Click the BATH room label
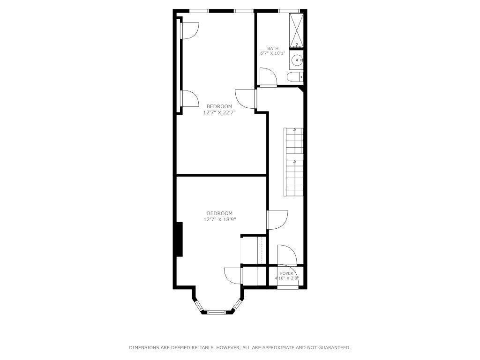[x=273, y=48]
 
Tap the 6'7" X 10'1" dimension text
[x=273, y=53]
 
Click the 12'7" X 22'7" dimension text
[x=219, y=112]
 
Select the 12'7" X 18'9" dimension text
[x=219, y=219]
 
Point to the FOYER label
[x=286, y=273]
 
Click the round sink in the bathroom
[x=296, y=60]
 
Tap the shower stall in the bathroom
[x=296, y=29]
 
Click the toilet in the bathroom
[x=295, y=77]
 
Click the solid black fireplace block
[x=179, y=239]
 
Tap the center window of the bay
[x=217, y=312]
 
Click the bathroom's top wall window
[x=289, y=11]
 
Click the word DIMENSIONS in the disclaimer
[x=143, y=348]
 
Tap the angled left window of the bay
[x=199, y=305]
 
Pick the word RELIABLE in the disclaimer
[x=202, y=348]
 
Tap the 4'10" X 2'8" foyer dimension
[x=286, y=278]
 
